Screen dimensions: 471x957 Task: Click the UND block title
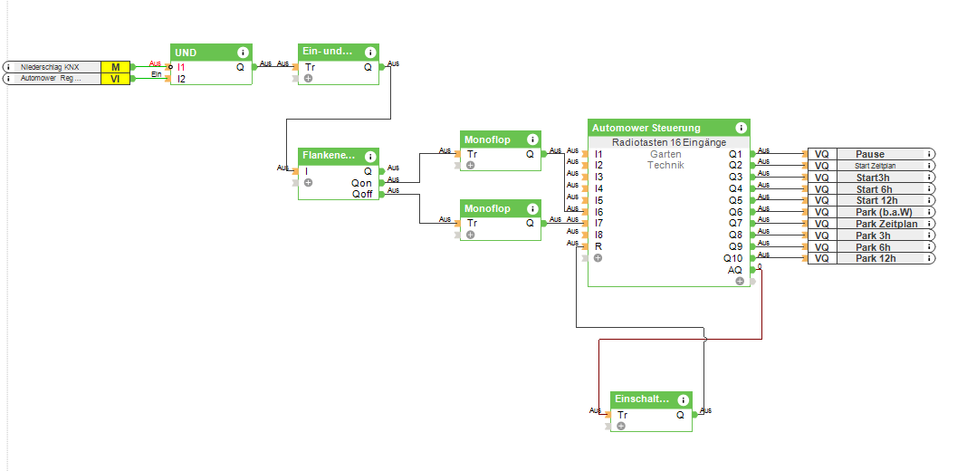186,53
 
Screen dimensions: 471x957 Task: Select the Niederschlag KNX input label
51,67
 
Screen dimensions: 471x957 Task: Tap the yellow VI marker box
115,79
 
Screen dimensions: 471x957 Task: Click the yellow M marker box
115,67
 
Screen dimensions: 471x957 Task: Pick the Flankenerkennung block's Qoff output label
361,194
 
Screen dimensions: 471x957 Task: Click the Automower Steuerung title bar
646,129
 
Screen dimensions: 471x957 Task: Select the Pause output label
869,154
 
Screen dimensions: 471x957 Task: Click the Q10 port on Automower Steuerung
732,258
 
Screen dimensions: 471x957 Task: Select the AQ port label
734,270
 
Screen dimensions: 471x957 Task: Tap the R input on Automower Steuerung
598,246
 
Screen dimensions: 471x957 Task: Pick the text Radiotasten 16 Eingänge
668,142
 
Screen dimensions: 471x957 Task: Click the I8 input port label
598,235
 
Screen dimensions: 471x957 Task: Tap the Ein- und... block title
327,52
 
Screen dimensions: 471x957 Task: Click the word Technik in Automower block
665,165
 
